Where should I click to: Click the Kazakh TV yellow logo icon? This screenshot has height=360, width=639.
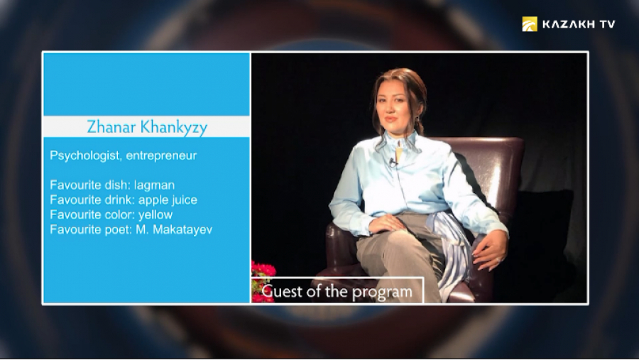point(530,24)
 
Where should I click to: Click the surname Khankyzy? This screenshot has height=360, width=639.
point(174,127)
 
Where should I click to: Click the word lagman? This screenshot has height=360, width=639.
point(155,186)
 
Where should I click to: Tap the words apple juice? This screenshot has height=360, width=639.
point(168,200)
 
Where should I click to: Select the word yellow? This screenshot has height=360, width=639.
point(155,215)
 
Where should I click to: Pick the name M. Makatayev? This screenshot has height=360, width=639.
point(174,229)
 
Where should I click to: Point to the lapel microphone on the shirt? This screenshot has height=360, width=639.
point(393,163)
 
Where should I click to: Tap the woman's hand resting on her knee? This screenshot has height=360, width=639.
point(386,224)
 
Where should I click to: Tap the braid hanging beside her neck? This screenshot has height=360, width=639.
point(419,126)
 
